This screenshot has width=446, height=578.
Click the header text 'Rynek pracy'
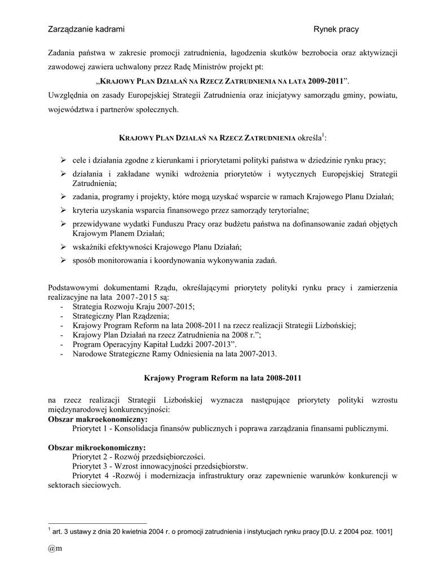[x=336, y=29]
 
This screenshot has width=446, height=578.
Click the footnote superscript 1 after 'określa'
[x=323, y=135]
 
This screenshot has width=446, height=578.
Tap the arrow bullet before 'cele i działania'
[x=63, y=160]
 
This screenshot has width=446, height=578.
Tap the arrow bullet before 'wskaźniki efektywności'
[x=63, y=247]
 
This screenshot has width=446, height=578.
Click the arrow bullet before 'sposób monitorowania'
[x=63, y=260]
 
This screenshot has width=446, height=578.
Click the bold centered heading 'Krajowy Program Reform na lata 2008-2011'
[x=223, y=376]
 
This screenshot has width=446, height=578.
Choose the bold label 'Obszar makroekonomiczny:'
[x=98, y=419]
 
